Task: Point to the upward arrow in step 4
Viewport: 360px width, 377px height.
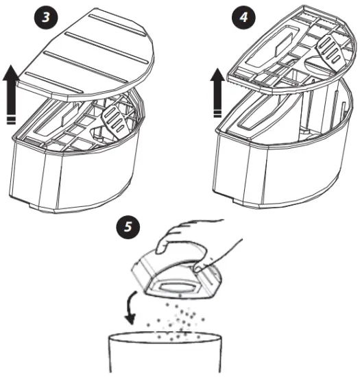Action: [217, 92]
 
